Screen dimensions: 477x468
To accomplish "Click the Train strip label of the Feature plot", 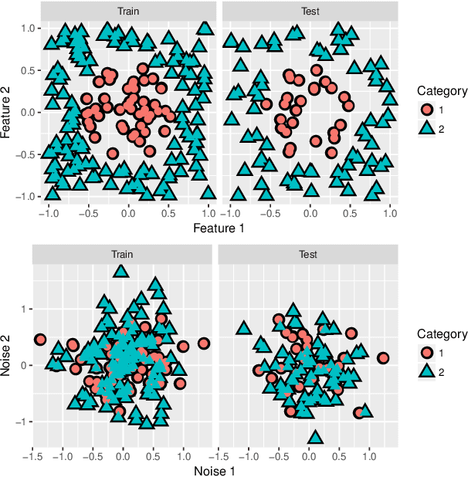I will (x=127, y=12).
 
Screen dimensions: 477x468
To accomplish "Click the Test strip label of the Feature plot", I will (x=310, y=12).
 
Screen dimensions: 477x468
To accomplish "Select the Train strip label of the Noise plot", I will (x=122, y=254).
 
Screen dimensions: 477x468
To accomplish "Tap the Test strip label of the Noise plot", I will (x=307, y=254).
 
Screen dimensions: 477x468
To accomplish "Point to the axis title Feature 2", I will (x=8, y=112).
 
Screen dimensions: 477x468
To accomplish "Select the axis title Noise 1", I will (x=214, y=470).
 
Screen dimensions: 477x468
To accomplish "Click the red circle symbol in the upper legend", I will (x=426, y=109).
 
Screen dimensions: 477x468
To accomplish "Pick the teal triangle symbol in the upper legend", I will (x=426, y=129).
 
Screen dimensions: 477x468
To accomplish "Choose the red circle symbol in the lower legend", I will (x=426, y=352).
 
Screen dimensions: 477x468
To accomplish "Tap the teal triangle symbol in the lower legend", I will (x=426, y=372).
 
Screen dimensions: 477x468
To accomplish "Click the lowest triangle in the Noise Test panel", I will (x=314, y=438).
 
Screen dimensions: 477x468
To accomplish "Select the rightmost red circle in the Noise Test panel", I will (x=382, y=358).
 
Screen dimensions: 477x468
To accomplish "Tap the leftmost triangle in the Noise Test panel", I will (x=243, y=328).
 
